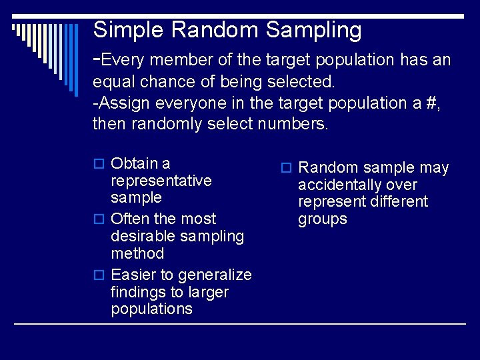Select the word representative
(x=161, y=181)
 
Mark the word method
(x=137, y=253)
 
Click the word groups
(x=323, y=219)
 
